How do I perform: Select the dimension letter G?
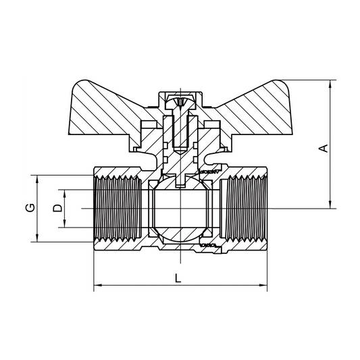tap(30, 207)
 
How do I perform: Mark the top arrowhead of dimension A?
tap(330, 84)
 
